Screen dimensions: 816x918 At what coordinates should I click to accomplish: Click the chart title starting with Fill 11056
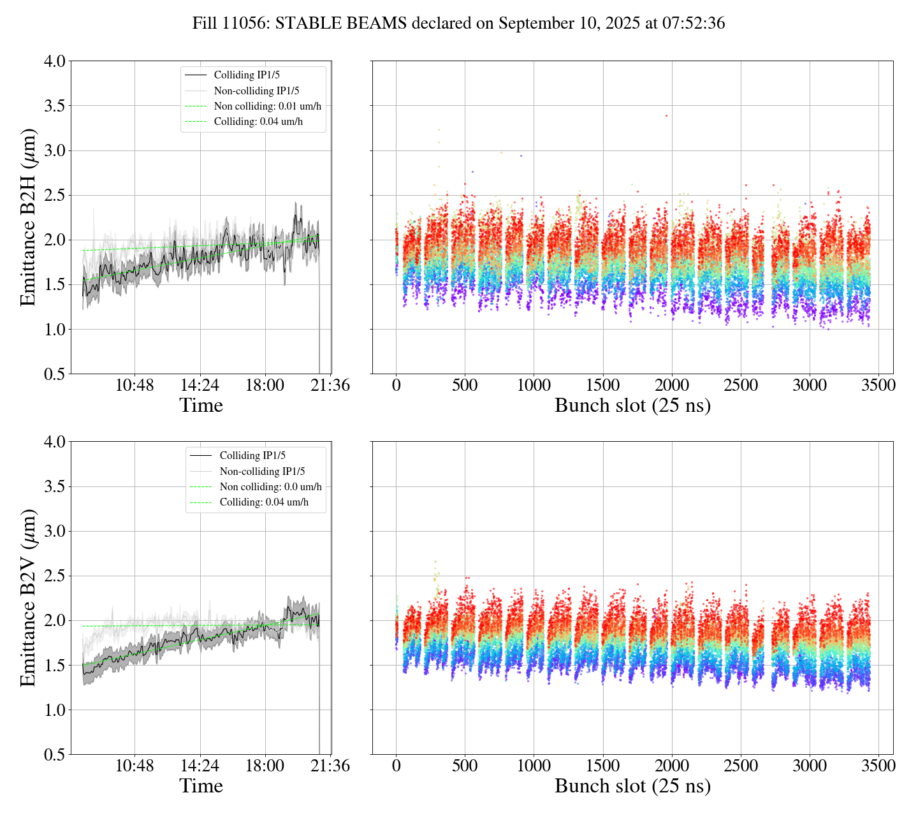coord(458,24)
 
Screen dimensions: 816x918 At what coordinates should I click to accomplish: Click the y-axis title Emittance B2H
coord(28,217)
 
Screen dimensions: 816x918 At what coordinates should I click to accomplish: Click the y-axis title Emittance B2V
coord(28,598)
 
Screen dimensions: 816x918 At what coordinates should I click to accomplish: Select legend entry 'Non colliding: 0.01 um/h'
coord(267,106)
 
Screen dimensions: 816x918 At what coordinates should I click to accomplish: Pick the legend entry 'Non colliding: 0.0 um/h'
coord(270,487)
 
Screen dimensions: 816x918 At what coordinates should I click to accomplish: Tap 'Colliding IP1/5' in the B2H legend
coord(247,75)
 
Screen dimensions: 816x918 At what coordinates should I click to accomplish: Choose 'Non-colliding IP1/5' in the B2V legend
coord(262,472)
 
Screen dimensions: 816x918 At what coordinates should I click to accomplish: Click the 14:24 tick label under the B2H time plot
coord(200,386)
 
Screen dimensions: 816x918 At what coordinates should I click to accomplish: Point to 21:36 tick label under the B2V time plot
coord(330,766)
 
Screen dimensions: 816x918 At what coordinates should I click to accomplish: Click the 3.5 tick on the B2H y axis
coord(54,106)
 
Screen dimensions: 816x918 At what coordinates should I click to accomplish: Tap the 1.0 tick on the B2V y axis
coord(54,710)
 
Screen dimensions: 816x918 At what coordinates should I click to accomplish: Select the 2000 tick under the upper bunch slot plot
coord(672,386)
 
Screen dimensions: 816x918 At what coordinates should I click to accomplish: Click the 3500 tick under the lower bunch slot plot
coord(878,766)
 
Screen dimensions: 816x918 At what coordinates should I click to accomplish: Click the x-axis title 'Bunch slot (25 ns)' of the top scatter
coord(632,405)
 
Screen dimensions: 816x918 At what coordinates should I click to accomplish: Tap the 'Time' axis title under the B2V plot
coord(201,786)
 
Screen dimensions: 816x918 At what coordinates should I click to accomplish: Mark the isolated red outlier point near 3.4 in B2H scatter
coord(666,115)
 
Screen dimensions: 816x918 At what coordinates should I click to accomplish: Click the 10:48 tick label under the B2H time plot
coord(135,386)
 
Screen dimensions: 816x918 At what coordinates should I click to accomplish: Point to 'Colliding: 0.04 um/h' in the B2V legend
coord(264,502)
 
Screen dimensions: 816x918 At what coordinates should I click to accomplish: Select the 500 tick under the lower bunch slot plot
coord(465,766)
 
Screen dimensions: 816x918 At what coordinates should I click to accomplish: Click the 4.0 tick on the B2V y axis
coord(54,442)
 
